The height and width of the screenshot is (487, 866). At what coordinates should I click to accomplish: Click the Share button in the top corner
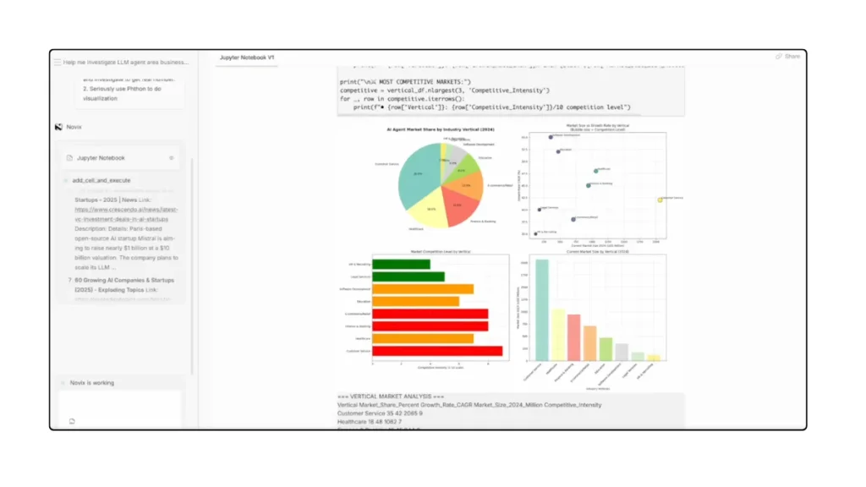click(x=787, y=57)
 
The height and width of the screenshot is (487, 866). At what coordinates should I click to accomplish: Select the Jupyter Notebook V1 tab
click(x=247, y=57)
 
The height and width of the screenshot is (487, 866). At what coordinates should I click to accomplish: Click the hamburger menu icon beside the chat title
click(x=58, y=63)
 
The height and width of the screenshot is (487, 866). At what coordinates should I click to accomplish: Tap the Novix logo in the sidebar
click(x=58, y=127)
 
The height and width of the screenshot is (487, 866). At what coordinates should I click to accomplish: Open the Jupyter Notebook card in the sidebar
click(x=101, y=158)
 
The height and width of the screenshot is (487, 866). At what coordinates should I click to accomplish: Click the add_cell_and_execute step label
click(x=101, y=180)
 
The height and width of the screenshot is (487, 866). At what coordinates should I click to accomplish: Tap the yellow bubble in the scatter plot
click(x=660, y=200)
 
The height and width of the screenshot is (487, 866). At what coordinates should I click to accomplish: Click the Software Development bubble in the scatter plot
click(x=551, y=137)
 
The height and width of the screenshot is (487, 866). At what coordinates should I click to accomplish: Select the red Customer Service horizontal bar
click(x=437, y=351)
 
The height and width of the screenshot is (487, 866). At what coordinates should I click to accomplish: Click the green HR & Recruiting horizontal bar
click(x=390, y=264)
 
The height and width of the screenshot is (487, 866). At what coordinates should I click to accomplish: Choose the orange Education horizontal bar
click(x=415, y=301)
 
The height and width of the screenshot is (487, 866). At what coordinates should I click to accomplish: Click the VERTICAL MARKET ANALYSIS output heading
click(x=390, y=397)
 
